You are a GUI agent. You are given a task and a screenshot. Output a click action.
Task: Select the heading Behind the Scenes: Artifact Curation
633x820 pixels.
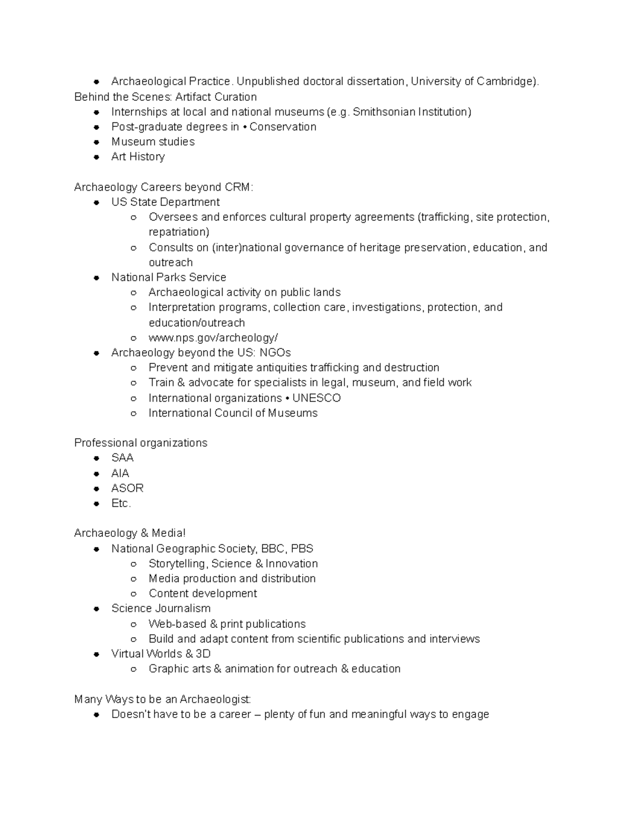point(166,97)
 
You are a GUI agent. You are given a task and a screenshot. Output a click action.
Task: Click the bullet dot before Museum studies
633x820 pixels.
point(97,142)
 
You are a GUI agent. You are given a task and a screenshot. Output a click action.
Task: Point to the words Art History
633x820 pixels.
point(138,157)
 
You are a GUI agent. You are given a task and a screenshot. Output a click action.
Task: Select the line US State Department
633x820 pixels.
point(166,202)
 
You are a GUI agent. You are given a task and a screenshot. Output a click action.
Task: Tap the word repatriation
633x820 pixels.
point(178,232)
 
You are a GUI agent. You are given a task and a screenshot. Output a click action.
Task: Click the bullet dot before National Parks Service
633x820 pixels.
point(97,278)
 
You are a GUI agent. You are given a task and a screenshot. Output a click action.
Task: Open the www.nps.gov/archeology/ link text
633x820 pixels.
point(213,337)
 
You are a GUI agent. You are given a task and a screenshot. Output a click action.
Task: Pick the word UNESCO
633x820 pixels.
point(316,398)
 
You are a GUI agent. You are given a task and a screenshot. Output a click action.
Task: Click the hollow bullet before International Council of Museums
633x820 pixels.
point(134,413)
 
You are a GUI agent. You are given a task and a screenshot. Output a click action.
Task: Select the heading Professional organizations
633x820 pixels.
point(141,442)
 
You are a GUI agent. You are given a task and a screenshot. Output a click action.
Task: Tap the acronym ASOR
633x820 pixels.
point(128,488)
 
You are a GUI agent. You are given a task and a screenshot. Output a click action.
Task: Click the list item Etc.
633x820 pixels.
point(121,503)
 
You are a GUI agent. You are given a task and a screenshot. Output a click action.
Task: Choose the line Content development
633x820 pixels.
point(203,593)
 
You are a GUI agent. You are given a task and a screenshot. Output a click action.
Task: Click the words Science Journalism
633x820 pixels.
point(161,608)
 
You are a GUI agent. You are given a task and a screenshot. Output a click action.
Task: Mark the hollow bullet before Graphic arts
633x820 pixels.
point(134,669)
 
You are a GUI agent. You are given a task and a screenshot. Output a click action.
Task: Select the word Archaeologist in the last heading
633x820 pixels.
point(214,699)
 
